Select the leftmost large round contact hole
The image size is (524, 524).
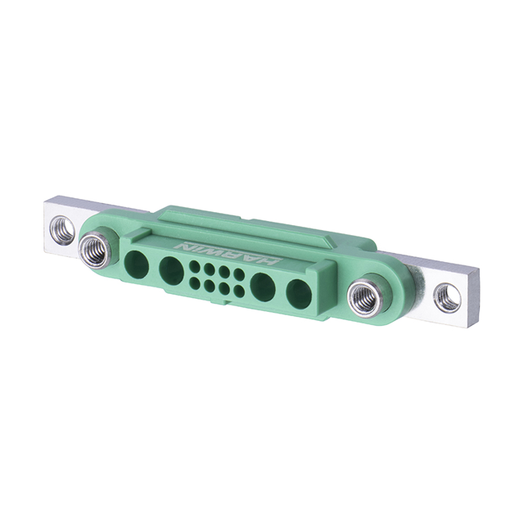pyautogui.click(x=137, y=261)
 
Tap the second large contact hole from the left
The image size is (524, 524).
pyautogui.click(x=171, y=269)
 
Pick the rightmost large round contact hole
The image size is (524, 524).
pyautogui.click(x=299, y=293)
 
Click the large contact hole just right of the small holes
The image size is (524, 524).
pyautogui.click(x=264, y=287)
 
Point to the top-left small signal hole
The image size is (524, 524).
pyautogui.click(x=195, y=266)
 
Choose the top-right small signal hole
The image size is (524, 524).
pyautogui.click(x=238, y=274)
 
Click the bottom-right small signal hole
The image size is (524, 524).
pyautogui.click(x=238, y=291)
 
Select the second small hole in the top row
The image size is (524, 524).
pyautogui.click(x=210, y=269)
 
